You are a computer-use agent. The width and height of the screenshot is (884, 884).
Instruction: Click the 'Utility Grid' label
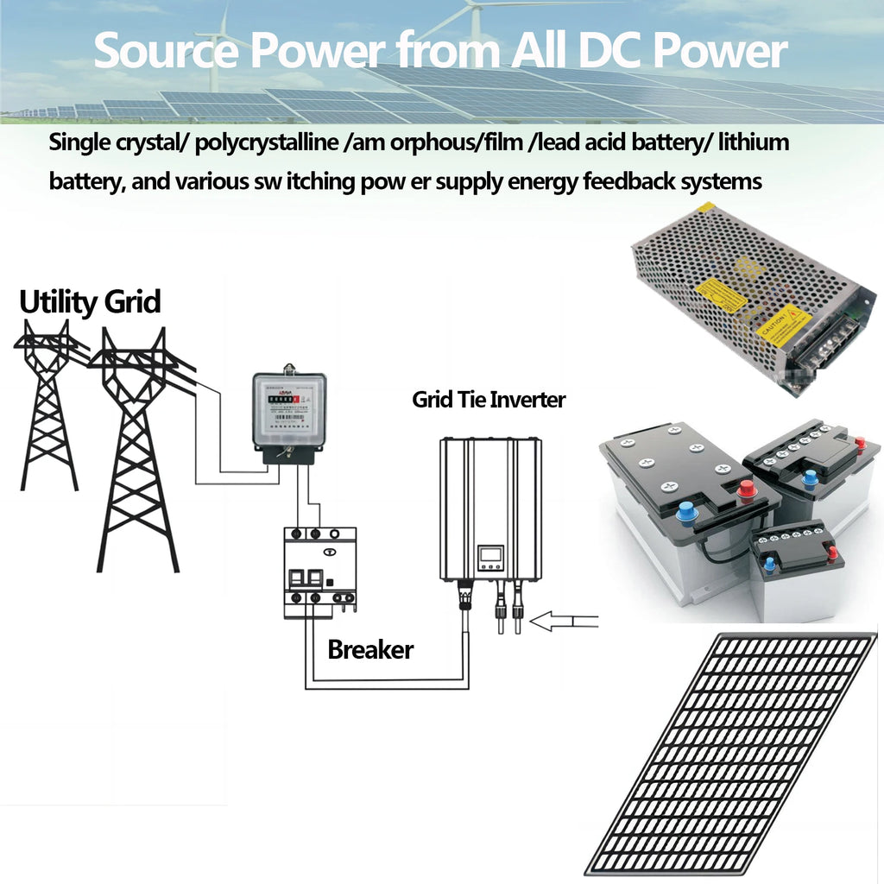click(x=90, y=303)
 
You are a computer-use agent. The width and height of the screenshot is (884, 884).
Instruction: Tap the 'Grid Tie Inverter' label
click(x=489, y=400)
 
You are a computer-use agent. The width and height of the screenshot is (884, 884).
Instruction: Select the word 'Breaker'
click(x=370, y=649)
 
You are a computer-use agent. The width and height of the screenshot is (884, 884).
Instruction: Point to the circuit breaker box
click(x=319, y=571)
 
